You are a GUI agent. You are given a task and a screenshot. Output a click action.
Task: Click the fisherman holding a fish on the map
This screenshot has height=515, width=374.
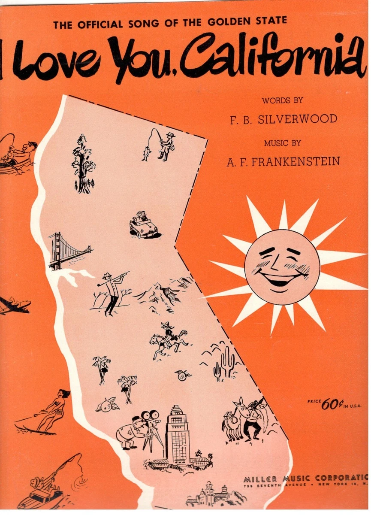(165, 145)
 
